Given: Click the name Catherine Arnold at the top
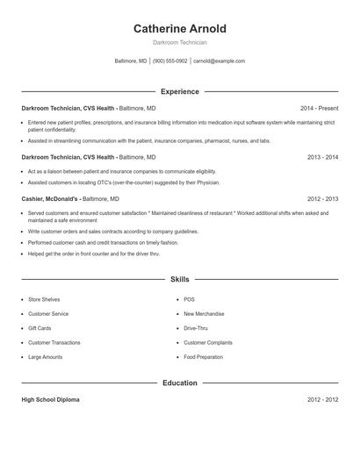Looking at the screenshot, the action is tap(179, 29).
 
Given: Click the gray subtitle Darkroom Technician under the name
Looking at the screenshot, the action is tap(179, 42).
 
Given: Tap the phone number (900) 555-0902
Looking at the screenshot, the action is tap(170, 61).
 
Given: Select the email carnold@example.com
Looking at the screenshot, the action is tap(219, 61).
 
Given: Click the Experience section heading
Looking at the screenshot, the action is tap(179, 91).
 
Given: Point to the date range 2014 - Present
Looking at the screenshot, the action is tap(319, 108).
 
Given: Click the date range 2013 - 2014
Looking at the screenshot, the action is tap(322, 157).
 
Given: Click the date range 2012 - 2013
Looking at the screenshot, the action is tap(322, 199).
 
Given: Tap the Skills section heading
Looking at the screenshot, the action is tap(179, 279).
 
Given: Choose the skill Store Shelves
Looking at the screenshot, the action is tap(44, 299).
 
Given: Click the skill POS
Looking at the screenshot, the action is tap(189, 299).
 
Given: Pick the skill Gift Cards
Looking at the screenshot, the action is tap(40, 328).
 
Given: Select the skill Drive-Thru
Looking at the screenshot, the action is tap(196, 328).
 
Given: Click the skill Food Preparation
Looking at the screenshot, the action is tap(203, 357).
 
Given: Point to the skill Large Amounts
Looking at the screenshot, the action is tap(45, 357).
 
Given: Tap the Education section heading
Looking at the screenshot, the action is tap(179, 383).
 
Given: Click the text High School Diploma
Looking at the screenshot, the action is tap(50, 399).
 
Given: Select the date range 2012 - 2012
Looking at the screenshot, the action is tap(322, 399).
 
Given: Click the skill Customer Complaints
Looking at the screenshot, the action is tap(208, 342).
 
